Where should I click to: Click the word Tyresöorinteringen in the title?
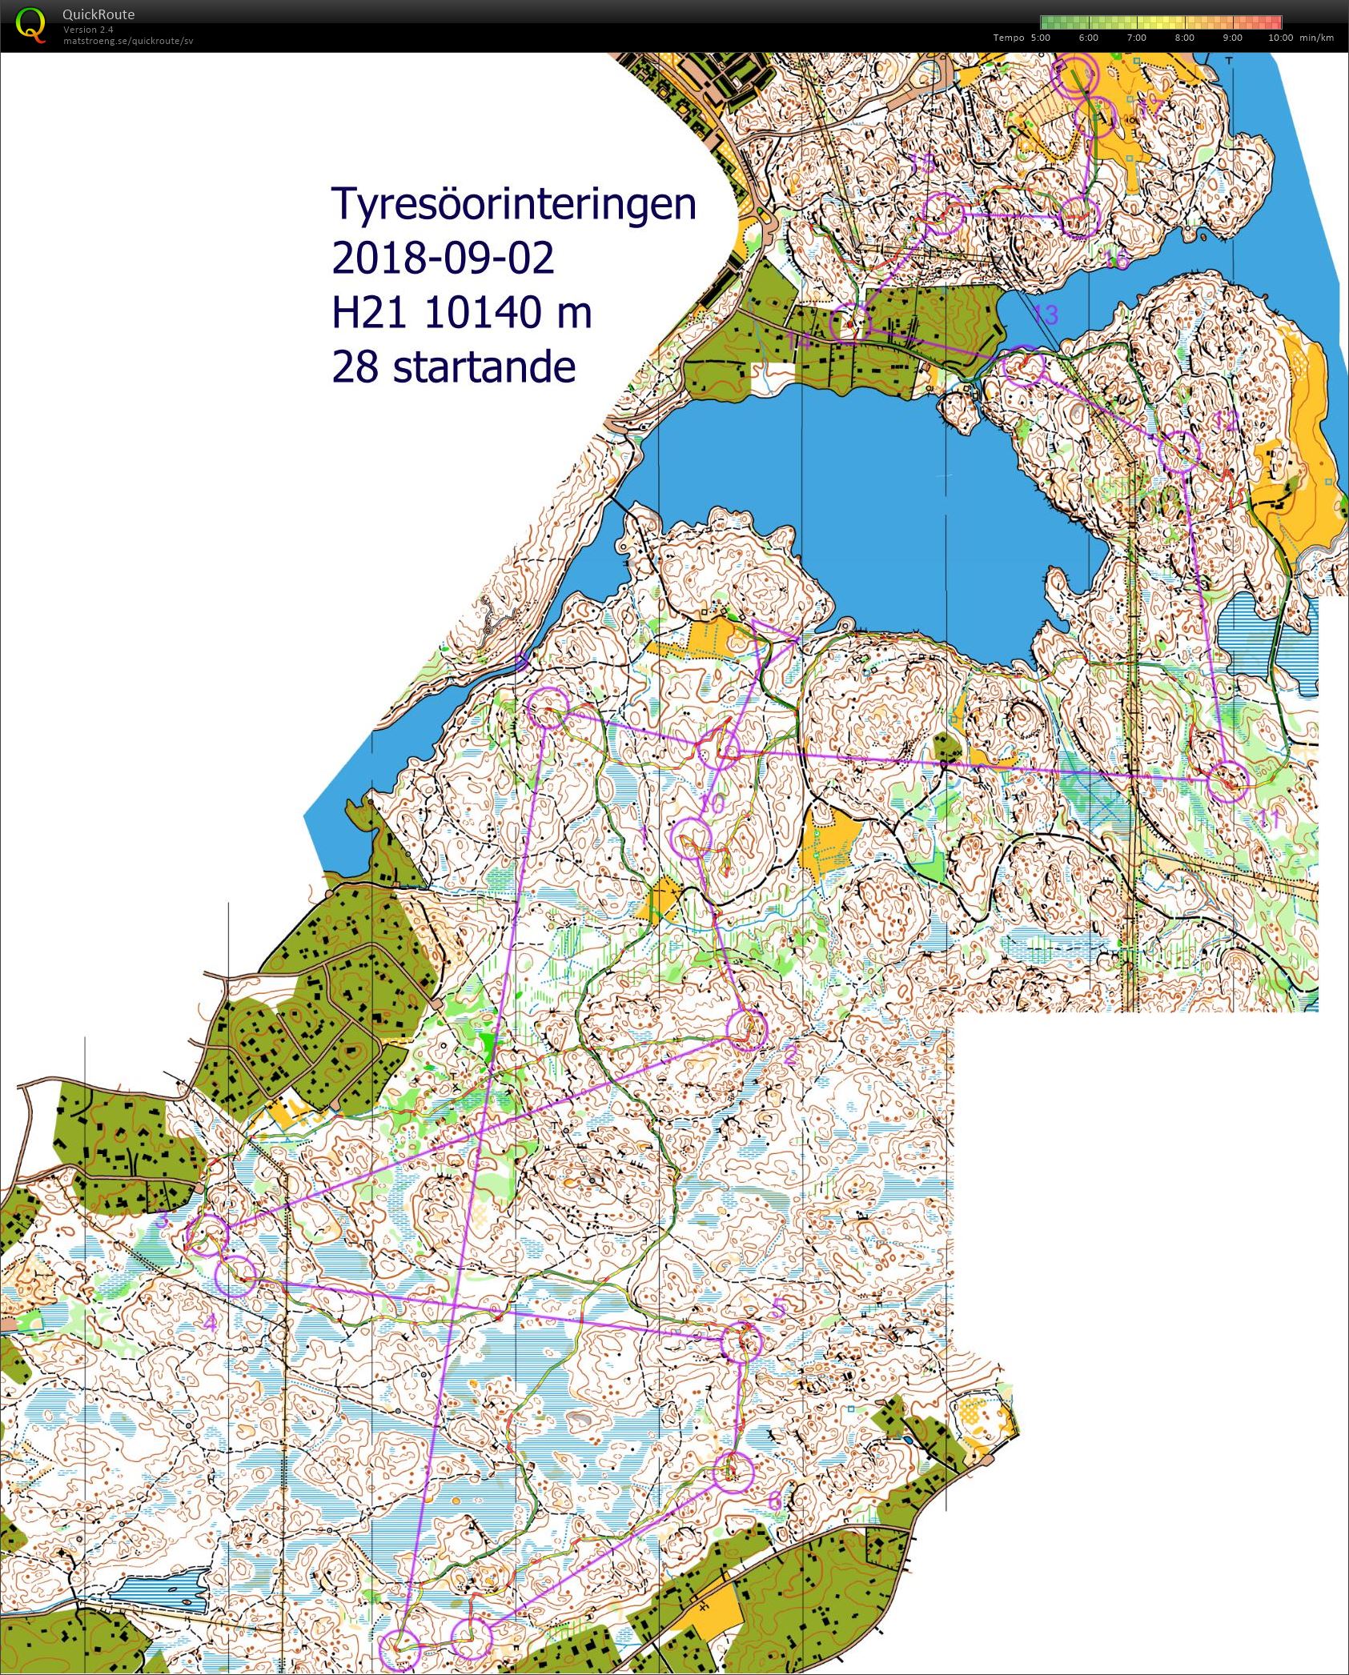click(x=513, y=204)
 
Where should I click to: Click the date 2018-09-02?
click(x=442, y=258)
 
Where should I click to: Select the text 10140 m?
click(x=508, y=312)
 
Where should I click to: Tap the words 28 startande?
click(x=453, y=367)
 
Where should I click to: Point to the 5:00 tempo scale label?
click(x=1040, y=38)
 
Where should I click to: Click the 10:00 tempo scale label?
click(x=1279, y=38)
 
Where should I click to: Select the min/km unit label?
click(x=1318, y=38)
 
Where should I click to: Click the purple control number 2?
click(x=789, y=1056)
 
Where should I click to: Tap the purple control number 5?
click(x=777, y=1309)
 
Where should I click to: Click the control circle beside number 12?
click(x=1179, y=451)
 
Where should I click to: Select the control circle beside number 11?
click(x=1227, y=781)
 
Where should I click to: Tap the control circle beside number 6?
click(x=733, y=1471)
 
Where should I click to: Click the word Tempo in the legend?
click(x=1008, y=38)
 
